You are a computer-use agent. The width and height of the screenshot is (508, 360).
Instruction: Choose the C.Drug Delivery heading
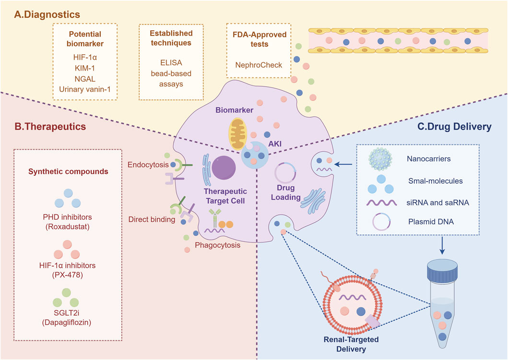click(460, 127)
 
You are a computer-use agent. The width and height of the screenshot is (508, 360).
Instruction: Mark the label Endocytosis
click(147, 165)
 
